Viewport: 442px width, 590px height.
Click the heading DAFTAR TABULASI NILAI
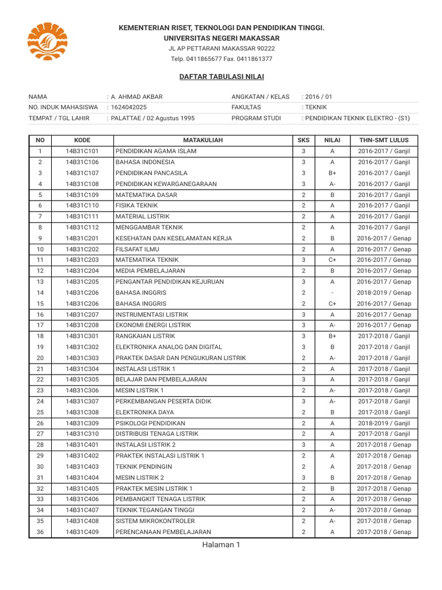222,77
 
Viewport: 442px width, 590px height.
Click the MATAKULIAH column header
203,140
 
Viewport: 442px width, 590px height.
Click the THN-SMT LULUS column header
384,140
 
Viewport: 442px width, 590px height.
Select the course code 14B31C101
82,151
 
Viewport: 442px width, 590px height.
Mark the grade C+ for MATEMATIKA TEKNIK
333,260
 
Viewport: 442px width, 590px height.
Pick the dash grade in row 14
333,293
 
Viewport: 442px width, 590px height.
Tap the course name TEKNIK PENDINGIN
141,467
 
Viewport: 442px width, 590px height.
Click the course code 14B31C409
82,532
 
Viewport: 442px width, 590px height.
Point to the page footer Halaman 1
221,546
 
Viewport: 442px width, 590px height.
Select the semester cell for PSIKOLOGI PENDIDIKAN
384,423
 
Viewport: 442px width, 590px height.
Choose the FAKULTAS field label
246,107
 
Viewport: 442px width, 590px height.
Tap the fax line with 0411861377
222,59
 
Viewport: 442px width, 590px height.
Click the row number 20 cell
40,358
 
